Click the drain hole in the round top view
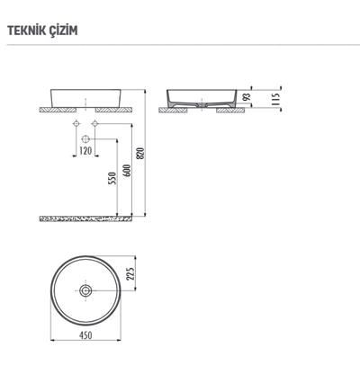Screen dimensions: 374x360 (85, 291)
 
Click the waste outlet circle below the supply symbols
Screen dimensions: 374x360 (85, 139)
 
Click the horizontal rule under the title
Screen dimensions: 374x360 (180, 45)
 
